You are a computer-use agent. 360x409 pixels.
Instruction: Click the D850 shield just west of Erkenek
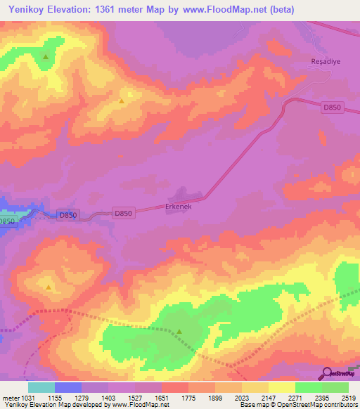point(123,212)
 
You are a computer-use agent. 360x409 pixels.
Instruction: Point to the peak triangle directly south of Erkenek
point(179,332)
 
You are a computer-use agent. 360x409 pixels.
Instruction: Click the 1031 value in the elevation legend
point(20,398)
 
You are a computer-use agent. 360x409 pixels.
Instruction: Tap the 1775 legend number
point(188,398)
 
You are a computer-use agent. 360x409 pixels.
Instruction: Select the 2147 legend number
point(269,398)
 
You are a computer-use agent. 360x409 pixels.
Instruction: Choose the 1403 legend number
point(108,398)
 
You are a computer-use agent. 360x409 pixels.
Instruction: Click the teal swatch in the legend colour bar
point(41,387)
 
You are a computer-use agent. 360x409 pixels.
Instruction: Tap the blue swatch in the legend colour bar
point(68,387)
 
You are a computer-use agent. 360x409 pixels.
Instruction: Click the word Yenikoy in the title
point(28,10)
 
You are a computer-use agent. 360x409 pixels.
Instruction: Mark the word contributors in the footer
point(341,405)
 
